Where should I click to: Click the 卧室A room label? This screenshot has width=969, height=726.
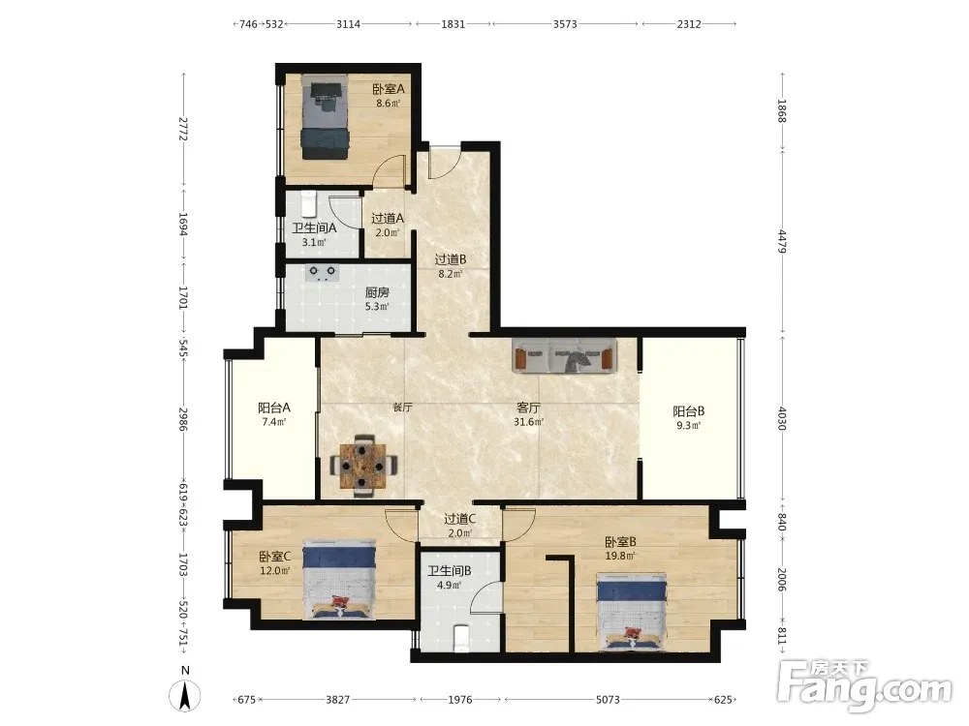(389, 89)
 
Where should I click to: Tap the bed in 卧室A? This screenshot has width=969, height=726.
(325, 117)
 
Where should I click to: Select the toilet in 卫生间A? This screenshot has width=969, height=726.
(308, 203)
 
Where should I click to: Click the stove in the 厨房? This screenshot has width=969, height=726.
(322, 273)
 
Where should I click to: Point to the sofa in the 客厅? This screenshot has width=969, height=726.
(565, 355)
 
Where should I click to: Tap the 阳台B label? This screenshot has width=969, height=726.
(688, 411)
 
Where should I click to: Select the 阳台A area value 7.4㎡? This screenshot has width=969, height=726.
(274, 422)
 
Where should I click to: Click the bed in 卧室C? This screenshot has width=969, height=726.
(339, 579)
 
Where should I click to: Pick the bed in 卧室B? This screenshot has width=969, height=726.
(632, 611)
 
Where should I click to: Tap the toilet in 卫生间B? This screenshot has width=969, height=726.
(461, 638)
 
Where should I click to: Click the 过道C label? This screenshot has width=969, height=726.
(459, 519)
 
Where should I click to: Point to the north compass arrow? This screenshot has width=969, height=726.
(185, 696)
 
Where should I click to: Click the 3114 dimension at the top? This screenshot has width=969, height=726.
(348, 24)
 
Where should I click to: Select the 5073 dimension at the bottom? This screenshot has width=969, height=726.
(608, 700)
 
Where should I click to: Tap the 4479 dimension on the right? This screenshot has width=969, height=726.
(782, 241)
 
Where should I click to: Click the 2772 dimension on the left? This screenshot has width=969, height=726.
(182, 129)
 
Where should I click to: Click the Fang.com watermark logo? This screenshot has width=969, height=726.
(864, 684)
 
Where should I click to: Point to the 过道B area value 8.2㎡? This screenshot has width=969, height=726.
(450, 274)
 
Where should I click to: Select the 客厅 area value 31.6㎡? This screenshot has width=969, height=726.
(528, 422)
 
